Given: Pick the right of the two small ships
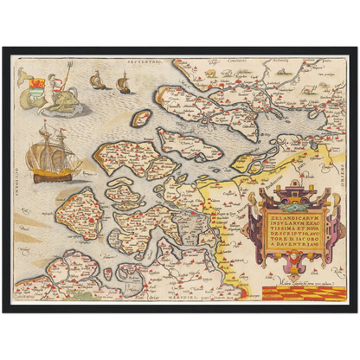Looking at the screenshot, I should tap(122, 83).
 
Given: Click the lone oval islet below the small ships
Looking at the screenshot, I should tap(141, 118).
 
